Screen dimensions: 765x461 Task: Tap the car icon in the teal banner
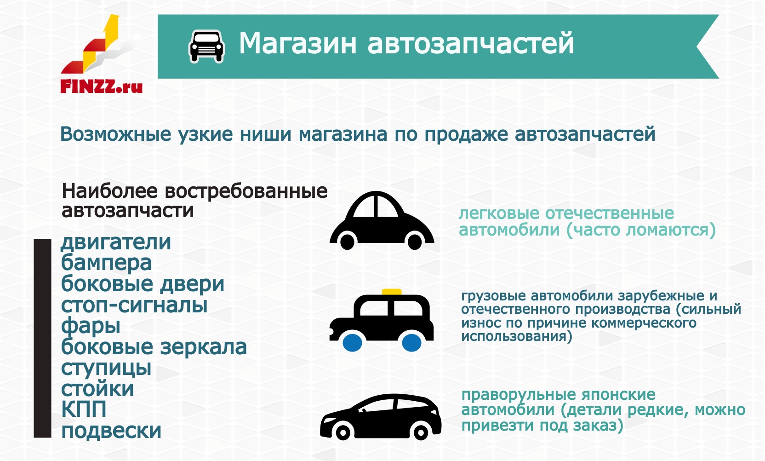click(x=206, y=46)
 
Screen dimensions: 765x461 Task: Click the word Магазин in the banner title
click(x=297, y=43)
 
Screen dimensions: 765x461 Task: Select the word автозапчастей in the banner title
click(x=471, y=44)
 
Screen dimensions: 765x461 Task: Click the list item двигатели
click(x=116, y=242)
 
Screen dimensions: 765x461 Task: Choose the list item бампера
click(x=106, y=263)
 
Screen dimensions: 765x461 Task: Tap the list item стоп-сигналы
click(x=134, y=305)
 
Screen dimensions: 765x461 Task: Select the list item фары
click(x=91, y=326)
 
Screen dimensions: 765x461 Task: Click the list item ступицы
click(x=106, y=369)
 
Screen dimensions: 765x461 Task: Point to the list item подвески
click(x=111, y=431)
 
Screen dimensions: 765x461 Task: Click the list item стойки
click(x=97, y=389)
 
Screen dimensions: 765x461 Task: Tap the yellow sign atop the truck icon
click(x=391, y=292)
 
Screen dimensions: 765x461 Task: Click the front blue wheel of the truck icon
click(x=352, y=343)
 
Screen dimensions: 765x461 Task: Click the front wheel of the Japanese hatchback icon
click(x=343, y=433)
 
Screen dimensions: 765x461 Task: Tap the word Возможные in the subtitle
click(x=115, y=134)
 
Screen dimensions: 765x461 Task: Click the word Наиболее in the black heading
click(x=109, y=191)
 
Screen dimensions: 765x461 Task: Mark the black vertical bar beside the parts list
click(x=42, y=338)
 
